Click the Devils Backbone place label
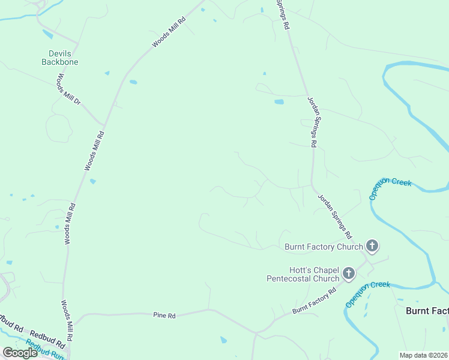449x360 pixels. click(x=60, y=58)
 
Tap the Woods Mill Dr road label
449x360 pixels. click(x=68, y=89)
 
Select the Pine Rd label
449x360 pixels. click(x=164, y=315)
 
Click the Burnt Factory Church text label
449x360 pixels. click(x=324, y=247)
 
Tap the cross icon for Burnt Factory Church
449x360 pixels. click(x=372, y=245)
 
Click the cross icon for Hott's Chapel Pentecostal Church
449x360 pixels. click(x=348, y=275)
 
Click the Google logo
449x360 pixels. click(x=20, y=353)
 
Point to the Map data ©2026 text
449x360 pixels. click(x=424, y=355)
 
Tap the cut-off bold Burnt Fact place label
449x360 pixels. click(x=427, y=310)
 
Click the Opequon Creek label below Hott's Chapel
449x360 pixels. click(x=367, y=294)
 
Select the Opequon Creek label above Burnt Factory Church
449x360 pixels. click(x=390, y=189)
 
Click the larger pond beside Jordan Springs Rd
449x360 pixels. click(x=279, y=102)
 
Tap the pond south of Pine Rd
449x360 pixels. click(x=224, y=340)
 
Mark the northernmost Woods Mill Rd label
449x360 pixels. click(x=169, y=32)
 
